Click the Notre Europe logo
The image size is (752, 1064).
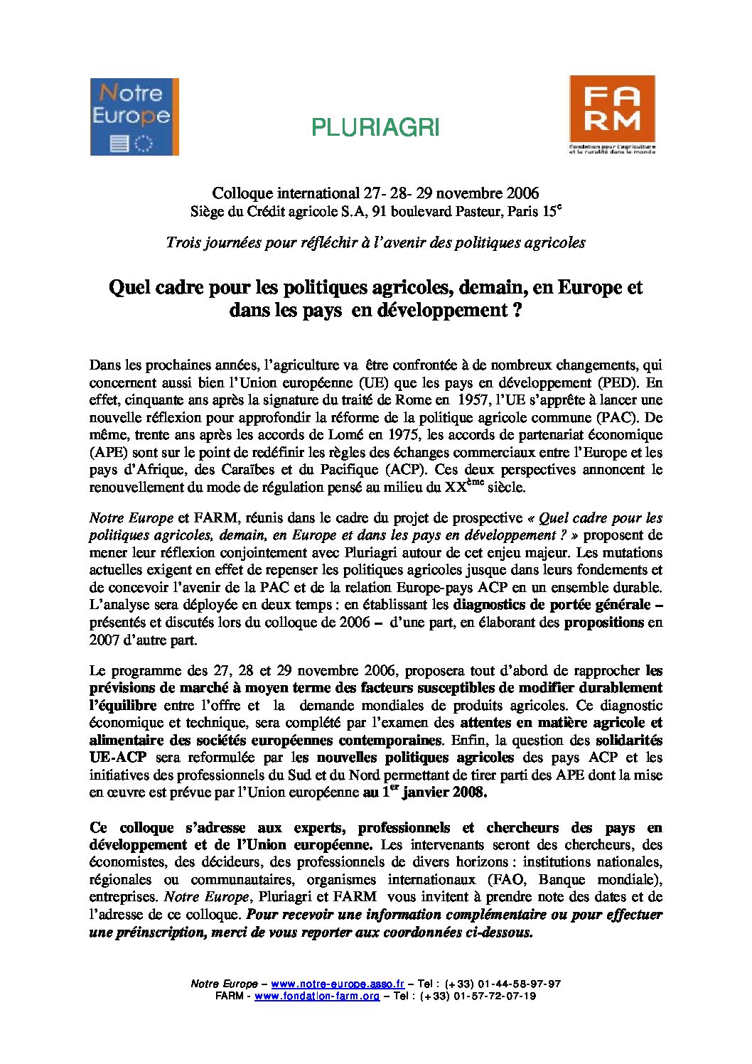click(x=134, y=117)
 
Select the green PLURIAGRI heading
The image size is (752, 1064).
click(x=375, y=127)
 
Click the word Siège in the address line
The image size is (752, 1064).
click(x=206, y=212)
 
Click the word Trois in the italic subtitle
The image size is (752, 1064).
click(x=183, y=242)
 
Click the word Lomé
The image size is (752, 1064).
click(x=347, y=435)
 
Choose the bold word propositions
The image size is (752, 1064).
click(x=603, y=623)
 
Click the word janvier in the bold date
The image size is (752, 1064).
click(x=428, y=793)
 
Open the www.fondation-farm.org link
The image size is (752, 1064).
click(x=317, y=996)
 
